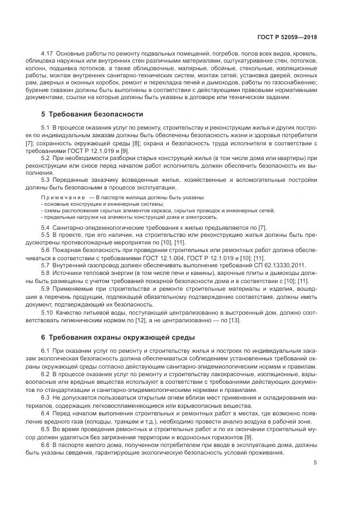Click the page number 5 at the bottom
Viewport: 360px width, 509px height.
click(x=315, y=463)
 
